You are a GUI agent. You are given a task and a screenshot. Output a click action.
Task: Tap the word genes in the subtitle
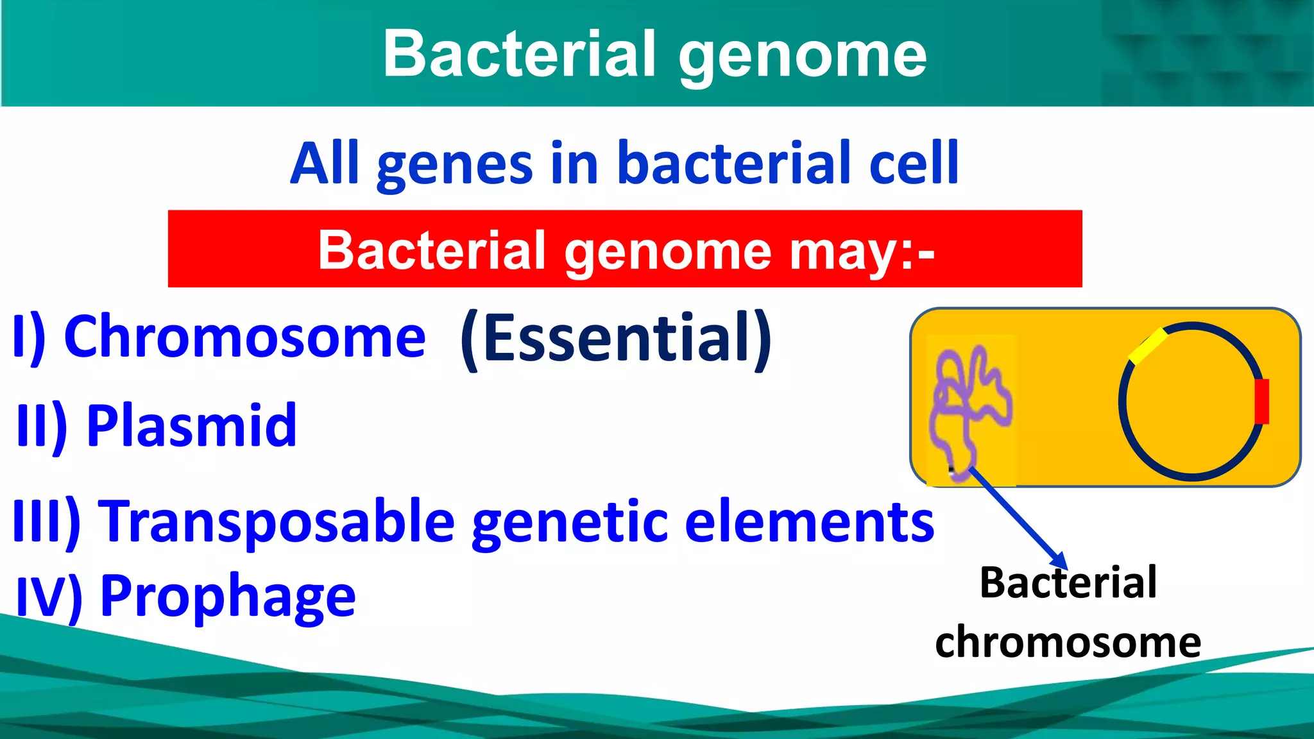point(454,165)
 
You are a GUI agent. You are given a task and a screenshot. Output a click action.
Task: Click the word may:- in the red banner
point(861,251)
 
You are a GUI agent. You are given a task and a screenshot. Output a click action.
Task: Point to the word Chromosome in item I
point(245,337)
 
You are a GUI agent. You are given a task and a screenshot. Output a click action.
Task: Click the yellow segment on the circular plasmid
point(1148,346)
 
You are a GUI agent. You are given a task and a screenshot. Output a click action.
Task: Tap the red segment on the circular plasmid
point(1261,402)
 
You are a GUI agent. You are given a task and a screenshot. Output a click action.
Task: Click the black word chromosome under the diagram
point(1068,642)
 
